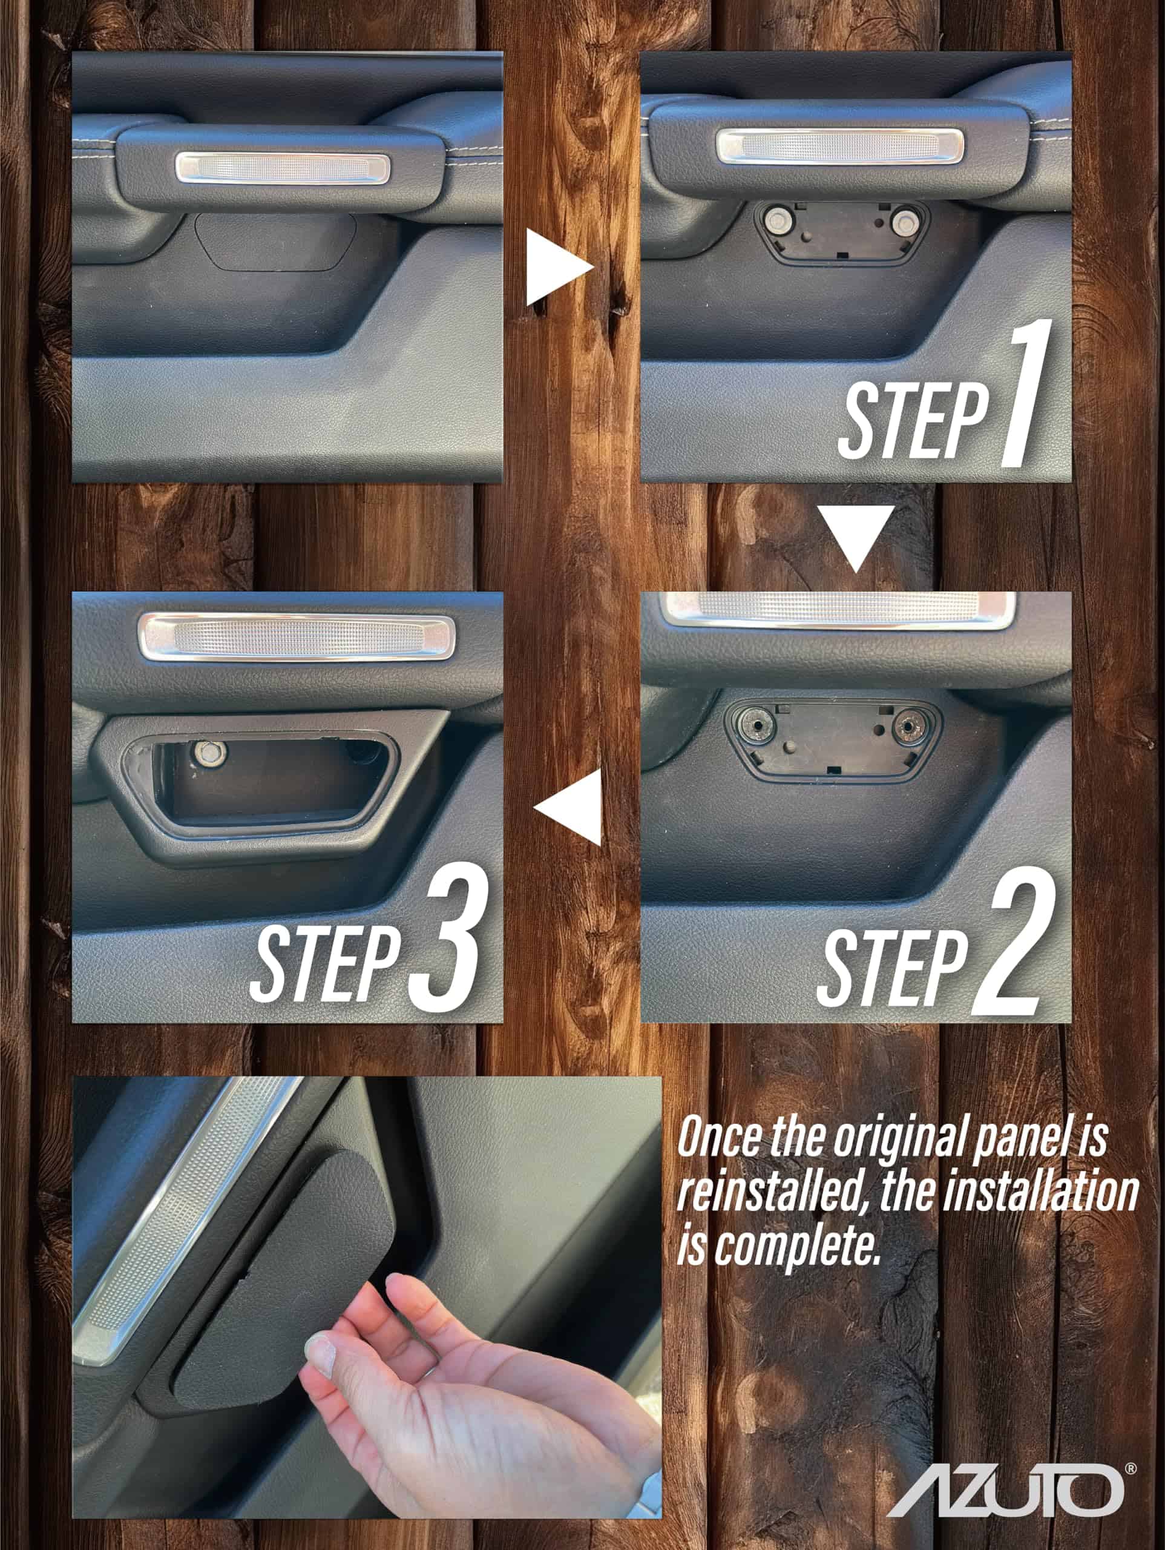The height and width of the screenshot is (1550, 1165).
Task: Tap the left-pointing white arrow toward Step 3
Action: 568,806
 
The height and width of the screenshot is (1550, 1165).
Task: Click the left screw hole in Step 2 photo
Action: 758,727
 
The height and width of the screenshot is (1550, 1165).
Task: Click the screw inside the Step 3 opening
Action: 208,751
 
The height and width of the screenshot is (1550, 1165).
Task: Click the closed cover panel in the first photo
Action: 275,242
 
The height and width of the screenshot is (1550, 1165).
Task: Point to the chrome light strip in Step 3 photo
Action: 297,637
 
